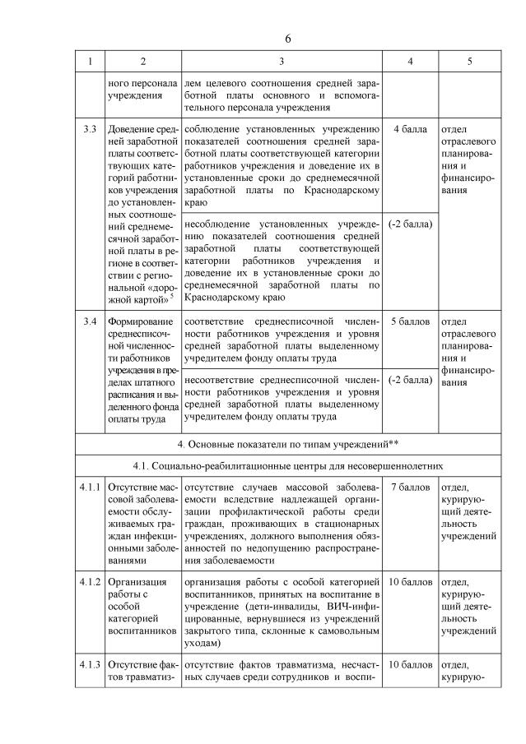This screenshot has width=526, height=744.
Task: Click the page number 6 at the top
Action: pyautogui.click(x=288, y=39)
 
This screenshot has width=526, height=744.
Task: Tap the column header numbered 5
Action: pyautogui.click(x=470, y=62)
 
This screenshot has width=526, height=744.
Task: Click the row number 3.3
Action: pyautogui.click(x=91, y=130)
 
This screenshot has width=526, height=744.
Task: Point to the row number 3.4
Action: pyautogui.click(x=91, y=321)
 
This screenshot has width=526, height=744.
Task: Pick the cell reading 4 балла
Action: pyautogui.click(x=410, y=130)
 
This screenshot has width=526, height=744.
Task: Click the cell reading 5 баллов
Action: pyautogui.click(x=410, y=321)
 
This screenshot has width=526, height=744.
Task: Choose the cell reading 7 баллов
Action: pyautogui.click(x=410, y=488)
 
